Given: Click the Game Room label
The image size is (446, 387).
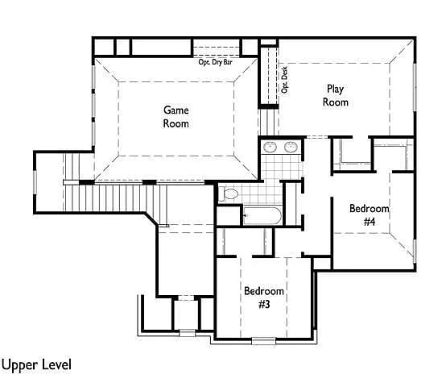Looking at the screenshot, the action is [x=176, y=117].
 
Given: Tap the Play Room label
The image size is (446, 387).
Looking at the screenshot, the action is [x=336, y=96].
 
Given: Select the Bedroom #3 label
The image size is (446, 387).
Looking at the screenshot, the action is [x=264, y=298].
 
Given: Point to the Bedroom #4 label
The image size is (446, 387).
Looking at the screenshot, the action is [x=370, y=214].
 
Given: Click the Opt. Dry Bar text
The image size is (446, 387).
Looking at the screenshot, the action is [x=215, y=62].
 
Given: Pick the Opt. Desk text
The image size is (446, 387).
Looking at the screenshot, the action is [x=284, y=80].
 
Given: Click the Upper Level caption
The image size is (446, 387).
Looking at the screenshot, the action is [x=36, y=365].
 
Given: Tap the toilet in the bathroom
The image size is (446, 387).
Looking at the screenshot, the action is [x=229, y=194].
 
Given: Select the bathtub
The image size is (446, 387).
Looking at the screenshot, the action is [x=262, y=216].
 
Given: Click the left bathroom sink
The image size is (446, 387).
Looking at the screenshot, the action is [x=270, y=148].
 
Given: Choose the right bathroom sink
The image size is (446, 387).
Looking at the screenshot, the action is [x=291, y=148].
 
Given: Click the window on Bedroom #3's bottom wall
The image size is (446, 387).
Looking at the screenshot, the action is [x=264, y=340].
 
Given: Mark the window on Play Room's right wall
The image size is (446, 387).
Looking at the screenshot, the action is [x=415, y=87].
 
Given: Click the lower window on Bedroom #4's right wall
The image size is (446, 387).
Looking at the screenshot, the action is [x=415, y=252].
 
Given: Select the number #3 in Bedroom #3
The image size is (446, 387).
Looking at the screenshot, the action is [x=264, y=305].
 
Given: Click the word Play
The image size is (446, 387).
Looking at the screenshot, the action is [x=336, y=89].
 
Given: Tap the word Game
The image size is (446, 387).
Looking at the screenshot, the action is [x=176, y=110].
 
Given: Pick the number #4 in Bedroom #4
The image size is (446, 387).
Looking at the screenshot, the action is [x=370, y=221].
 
